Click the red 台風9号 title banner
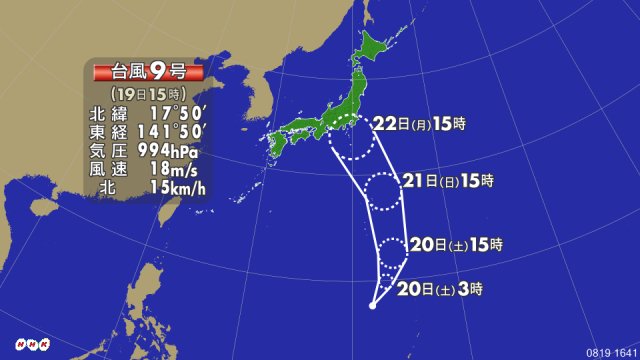(x=147, y=72)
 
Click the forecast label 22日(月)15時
(x=421, y=125)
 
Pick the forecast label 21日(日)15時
(x=447, y=181)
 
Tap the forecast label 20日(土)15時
(x=455, y=244)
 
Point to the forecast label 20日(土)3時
(x=440, y=290)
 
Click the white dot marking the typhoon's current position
(x=372, y=305)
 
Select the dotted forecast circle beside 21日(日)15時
(x=384, y=190)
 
